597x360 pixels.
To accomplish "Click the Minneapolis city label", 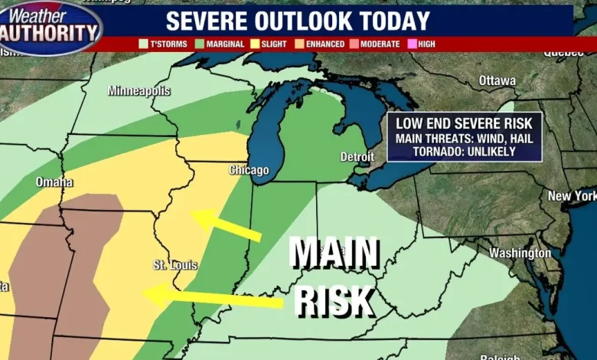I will pos(139,91).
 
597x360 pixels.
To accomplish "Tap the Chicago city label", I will pos(249,169).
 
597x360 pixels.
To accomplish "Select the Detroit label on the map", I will pos(357,157).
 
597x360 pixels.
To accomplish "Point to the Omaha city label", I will pos(54,182).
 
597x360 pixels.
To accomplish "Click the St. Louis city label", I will pos(175,265).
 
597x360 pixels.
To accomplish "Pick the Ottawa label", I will pos(497,80).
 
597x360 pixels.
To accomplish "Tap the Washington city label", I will pos(520,253).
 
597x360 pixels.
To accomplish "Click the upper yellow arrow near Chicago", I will pos(226,225).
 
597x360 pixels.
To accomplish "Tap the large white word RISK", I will pos(334,301).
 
